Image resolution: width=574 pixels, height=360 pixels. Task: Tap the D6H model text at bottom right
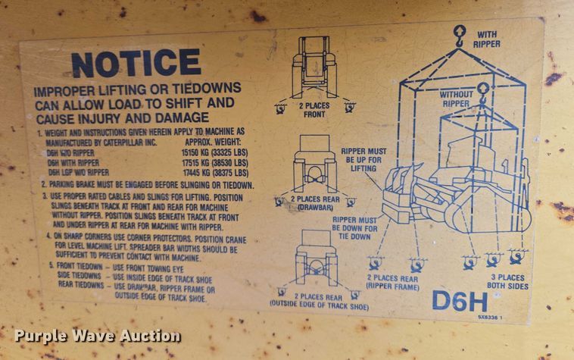tap(459, 300)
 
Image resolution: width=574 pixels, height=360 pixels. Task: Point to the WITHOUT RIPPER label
tap(456, 98)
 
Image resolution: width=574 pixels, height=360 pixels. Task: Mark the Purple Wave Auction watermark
tap(98, 336)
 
